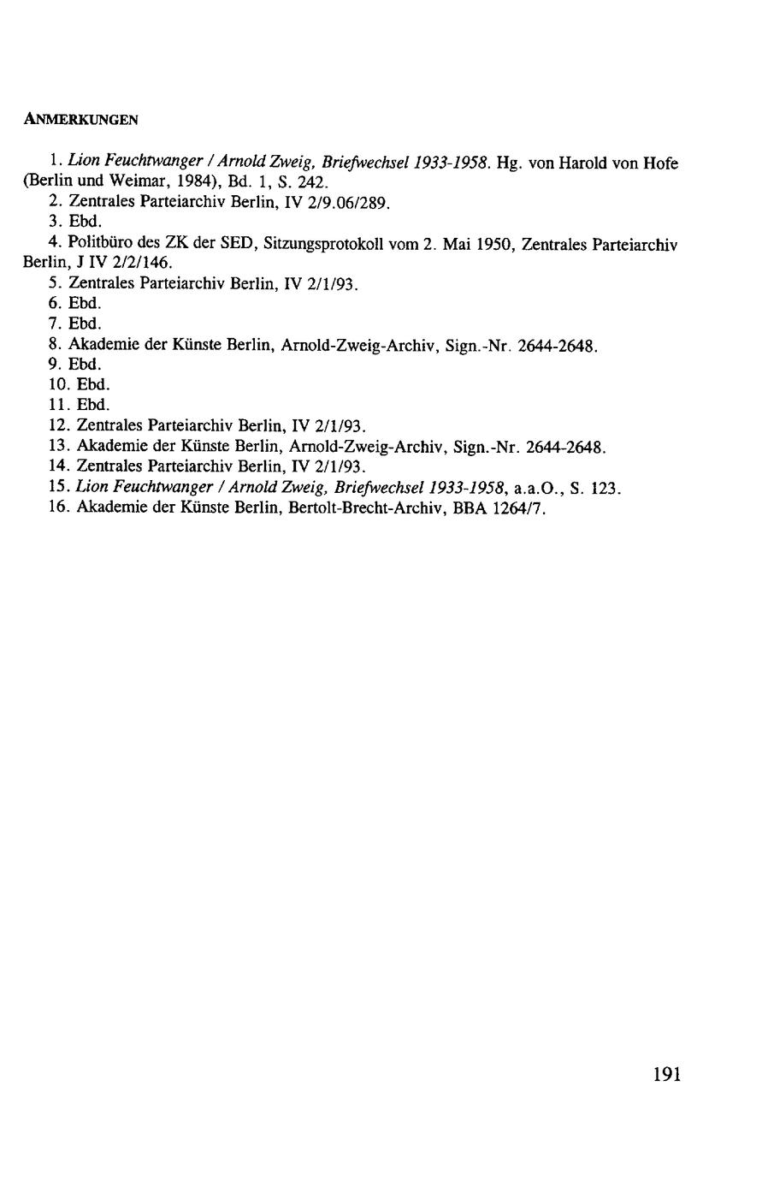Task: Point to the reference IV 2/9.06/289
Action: pyautogui.click(x=340, y=203)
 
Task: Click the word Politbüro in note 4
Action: pyautogui.click(x=101, y=244)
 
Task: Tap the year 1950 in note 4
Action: pyautogui.click(x=496, y=244)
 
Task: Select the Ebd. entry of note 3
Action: pyautogui.click(x=84, y=223)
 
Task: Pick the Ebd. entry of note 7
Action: pyautogui.click(x=84, y=323)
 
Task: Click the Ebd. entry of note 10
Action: pyautogui.click(x=92, y=384)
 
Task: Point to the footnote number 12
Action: pyautogui.click(x=58, y=425)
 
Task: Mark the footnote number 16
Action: pyautogui.click(x=58, y=508)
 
